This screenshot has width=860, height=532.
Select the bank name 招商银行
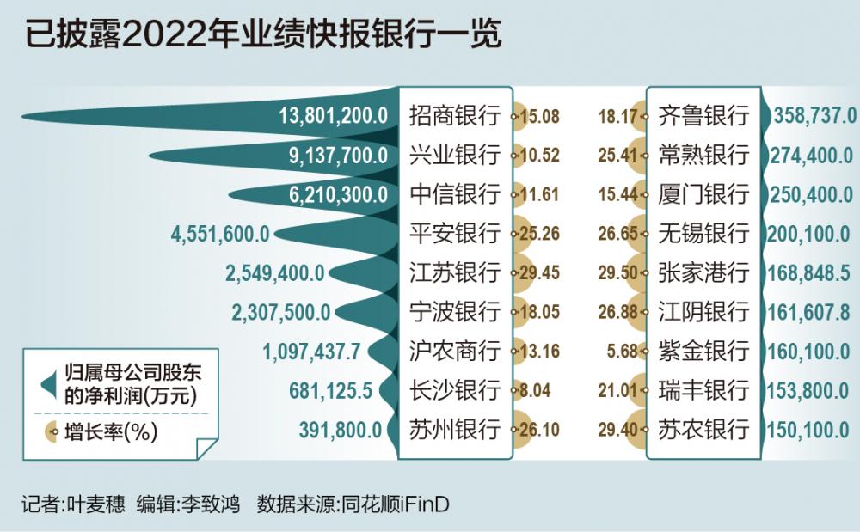tap(454, 116)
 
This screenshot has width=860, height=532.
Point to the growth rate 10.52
tap(539, 156)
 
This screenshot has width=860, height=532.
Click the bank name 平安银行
tap(454, 234)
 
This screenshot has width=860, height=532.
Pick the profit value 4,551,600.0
tap(221, 234)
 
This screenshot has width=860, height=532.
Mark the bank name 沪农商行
tap(454, 352)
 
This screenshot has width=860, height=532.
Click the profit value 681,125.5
tap(330, 391)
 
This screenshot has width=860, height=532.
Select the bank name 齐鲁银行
tap(703, 116)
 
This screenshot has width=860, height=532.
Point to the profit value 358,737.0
tap(814, 116)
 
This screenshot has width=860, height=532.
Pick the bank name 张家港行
tap(703, 273)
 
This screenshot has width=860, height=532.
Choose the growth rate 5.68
tap(623, 352)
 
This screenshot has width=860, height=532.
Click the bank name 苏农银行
tap(703, 430)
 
